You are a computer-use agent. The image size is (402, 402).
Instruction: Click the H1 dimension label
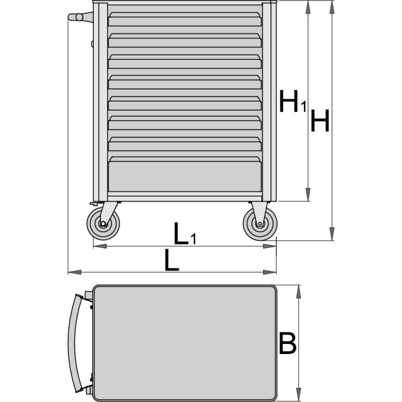point(293,101)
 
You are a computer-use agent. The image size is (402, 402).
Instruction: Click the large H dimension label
point(320,121)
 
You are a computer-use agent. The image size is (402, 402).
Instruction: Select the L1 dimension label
point(185,233)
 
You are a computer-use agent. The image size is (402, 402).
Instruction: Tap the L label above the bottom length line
point(171,260)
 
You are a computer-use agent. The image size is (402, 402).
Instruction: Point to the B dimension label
point(287,343)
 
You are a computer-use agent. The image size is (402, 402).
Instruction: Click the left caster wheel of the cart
point(103,223)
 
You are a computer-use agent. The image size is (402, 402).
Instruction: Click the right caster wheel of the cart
point(260,224)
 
